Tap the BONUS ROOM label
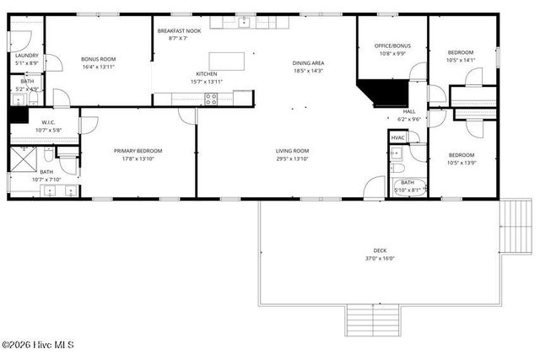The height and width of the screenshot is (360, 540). coord(98,58)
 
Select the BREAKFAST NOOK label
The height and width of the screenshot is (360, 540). coord(178,30)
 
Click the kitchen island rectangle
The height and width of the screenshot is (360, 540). coord(231,62)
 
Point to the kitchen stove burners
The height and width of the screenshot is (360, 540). coord(211,97)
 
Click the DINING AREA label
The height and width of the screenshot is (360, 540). coord(309,62)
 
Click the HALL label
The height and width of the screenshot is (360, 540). coord(409,111)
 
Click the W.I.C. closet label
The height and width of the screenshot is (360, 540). coord(48,122)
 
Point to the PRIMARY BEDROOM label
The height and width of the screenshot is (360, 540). coord(138,151)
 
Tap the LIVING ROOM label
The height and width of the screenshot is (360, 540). coord(293,151)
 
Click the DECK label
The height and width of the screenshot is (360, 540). coord(381,250)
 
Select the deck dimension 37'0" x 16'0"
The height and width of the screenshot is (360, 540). coord(381,259)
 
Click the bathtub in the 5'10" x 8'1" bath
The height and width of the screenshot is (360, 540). coord(408,187)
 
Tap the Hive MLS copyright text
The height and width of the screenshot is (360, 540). coord(39,345)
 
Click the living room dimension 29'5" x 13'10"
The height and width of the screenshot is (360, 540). coord(293,159)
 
